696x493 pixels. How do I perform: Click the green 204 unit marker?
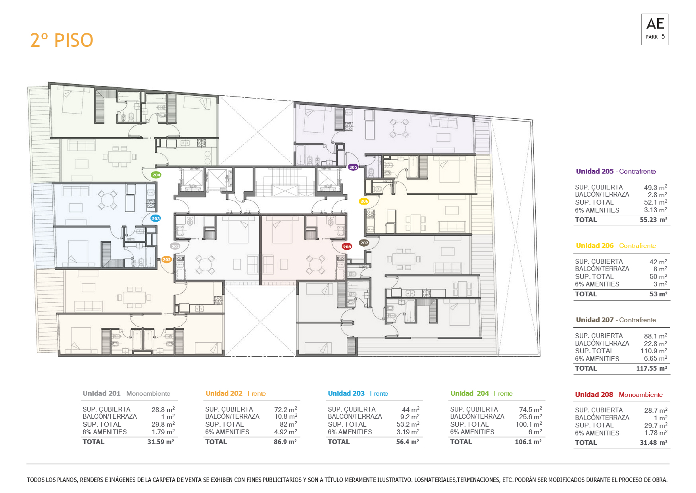point(156,175)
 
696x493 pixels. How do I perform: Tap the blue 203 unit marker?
point(156,218)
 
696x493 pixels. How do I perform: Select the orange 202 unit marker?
point(166,259)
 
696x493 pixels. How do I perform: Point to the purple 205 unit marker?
point(353,167)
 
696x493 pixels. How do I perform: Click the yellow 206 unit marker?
point(364,201)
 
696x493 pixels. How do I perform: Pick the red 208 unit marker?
point(347,247)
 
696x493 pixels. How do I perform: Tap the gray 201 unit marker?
point(175,246)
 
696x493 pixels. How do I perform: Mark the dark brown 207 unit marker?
point(364,243)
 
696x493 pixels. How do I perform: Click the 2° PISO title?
point(62,40)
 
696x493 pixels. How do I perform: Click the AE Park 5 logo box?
point(655,29)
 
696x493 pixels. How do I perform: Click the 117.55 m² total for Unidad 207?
point(652,368)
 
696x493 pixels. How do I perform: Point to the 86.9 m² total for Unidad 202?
point(285,442)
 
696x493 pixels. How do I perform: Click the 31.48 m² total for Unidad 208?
point(654,443)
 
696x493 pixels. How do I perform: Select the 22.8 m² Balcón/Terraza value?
point(656,343)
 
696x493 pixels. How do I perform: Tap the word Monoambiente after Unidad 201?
point(148,393)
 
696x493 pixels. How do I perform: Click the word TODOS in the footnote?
point(36,479)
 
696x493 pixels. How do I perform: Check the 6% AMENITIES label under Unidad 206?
point(597,284)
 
